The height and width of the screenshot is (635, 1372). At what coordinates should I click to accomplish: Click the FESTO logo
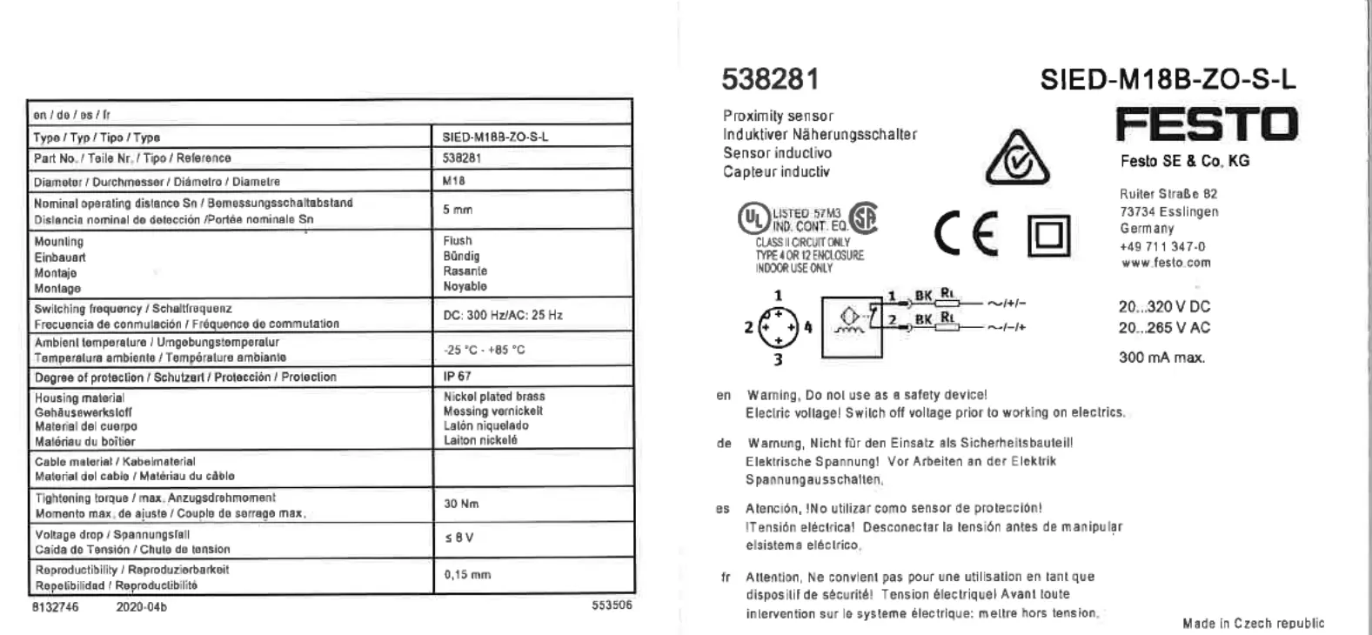[1207, 124]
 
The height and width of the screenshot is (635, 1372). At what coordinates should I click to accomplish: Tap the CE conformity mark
[966, 234]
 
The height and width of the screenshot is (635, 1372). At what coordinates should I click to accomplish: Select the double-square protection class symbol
[1048, 236]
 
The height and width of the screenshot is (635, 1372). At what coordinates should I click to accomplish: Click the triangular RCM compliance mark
[1016, 157]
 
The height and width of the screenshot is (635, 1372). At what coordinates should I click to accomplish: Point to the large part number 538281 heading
[770, 80]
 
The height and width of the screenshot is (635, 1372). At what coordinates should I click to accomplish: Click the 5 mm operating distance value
[458, 210]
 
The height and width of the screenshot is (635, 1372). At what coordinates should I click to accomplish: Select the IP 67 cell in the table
[457, 377]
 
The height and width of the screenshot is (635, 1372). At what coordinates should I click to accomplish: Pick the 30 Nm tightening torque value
[461, 504]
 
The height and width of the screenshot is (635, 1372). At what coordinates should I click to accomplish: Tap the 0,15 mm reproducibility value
[467, 575]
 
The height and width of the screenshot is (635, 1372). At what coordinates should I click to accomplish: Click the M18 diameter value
[454, 181]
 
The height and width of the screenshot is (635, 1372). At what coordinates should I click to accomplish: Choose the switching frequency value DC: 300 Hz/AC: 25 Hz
[502, 315]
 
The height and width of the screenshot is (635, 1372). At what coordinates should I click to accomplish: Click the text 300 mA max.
[1161, 358]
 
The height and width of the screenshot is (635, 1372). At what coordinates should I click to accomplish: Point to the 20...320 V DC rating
[1164, 307]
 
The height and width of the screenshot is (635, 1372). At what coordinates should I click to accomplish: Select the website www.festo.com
[1165, 263]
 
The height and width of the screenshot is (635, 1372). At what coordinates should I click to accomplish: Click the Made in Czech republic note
[1253, 623]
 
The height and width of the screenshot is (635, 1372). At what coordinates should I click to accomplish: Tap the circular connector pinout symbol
[778, 328]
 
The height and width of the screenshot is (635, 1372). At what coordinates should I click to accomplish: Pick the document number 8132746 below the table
[56, 607]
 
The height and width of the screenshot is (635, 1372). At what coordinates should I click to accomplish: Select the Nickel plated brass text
[494, 397]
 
